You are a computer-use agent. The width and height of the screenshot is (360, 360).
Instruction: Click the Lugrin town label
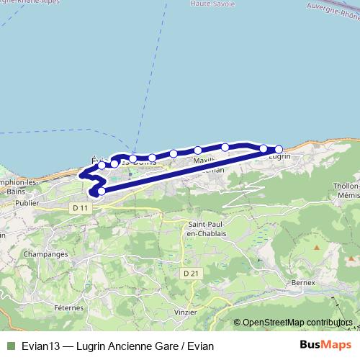click(281, 156)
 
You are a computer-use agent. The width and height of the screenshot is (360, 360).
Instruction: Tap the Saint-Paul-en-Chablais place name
click(203, 229)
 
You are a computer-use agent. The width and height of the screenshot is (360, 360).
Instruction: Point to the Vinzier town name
click(185, 312)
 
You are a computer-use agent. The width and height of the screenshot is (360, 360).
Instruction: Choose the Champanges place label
click(46, 254)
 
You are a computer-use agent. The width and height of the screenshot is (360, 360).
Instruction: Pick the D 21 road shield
click(190, 274)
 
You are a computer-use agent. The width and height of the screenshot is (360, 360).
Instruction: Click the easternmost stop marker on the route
click(279, 150)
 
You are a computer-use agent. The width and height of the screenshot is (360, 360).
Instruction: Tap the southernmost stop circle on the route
click(102, 191)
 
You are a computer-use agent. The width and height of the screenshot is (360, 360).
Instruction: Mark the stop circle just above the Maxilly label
click(198, 150)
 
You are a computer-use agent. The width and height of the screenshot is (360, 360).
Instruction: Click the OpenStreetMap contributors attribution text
click(297, 322)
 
